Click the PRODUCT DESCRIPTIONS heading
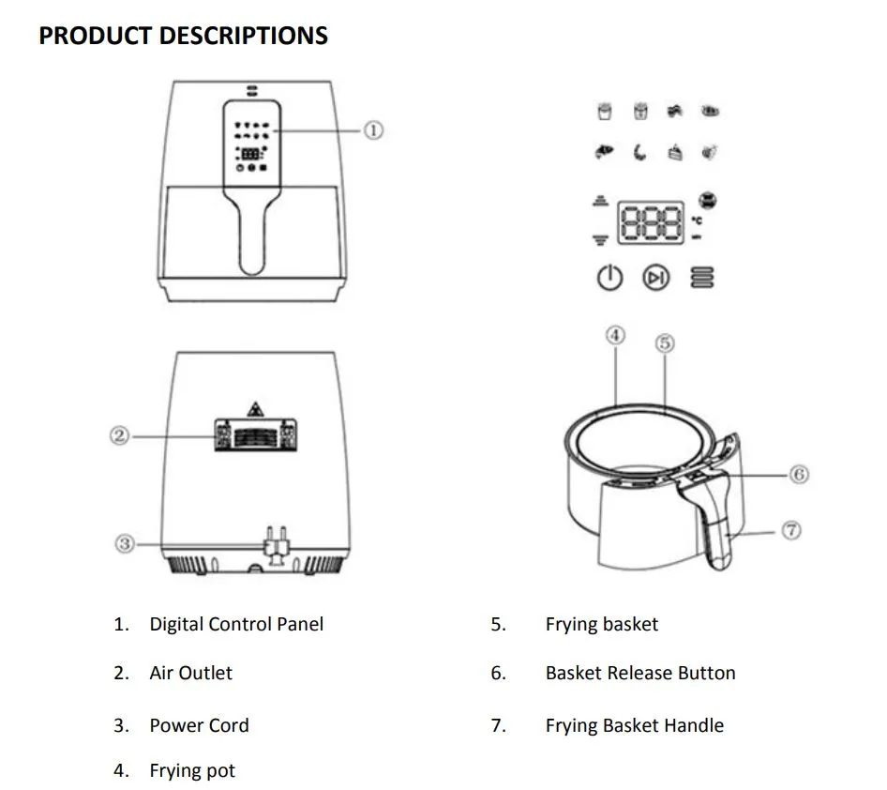point(183,36)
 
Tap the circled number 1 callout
point(372,130)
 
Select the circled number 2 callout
point(119,435)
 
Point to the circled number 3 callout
point(125,543)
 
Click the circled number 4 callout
point(615,335)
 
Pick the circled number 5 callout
point(665,342)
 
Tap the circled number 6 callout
point(798,474)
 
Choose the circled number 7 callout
point(791,530)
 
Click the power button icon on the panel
point(610,278)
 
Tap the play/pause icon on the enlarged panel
point(656,278)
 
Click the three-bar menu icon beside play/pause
point(701,278)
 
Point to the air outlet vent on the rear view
point(256,434)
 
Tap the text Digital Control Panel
point(236,624)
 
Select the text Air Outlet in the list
point(190,673)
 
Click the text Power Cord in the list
point(199,725)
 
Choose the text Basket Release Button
point(640,673)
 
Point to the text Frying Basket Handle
point(634,725)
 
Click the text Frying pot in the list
point(192,771)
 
